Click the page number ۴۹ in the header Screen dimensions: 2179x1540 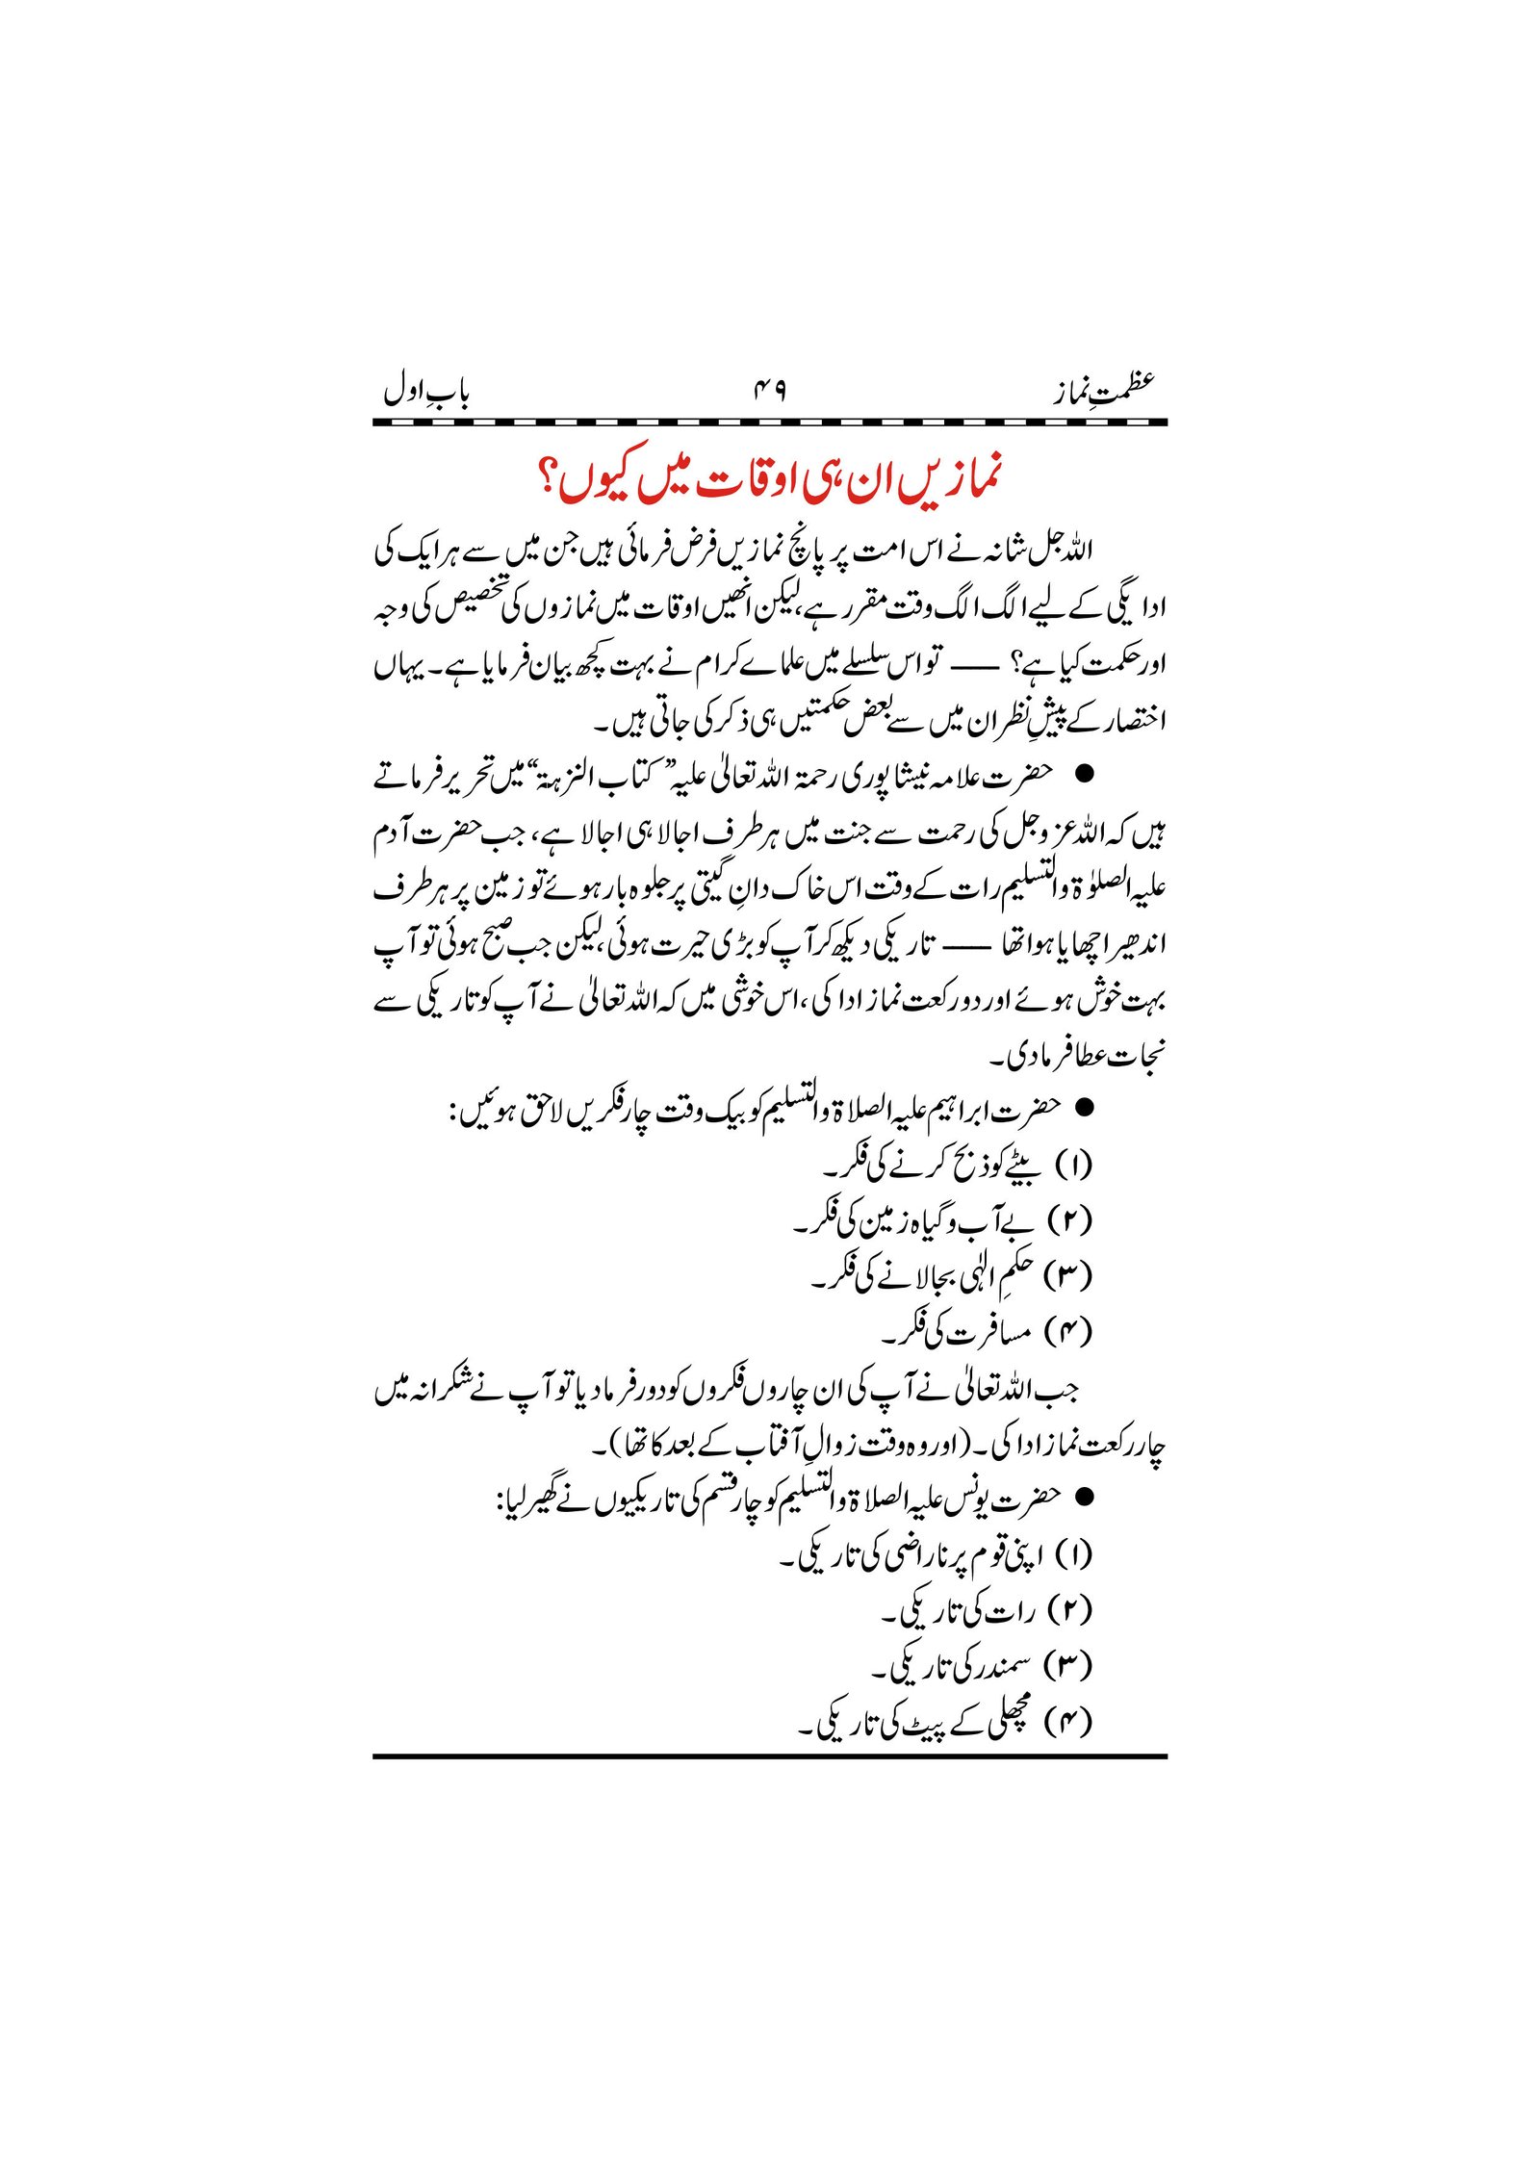coord(769,393)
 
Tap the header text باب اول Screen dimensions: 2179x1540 coord(426,393)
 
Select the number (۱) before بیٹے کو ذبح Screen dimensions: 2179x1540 coord(1075,1166)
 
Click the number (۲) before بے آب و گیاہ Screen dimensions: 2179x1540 coord(1075,1221)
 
